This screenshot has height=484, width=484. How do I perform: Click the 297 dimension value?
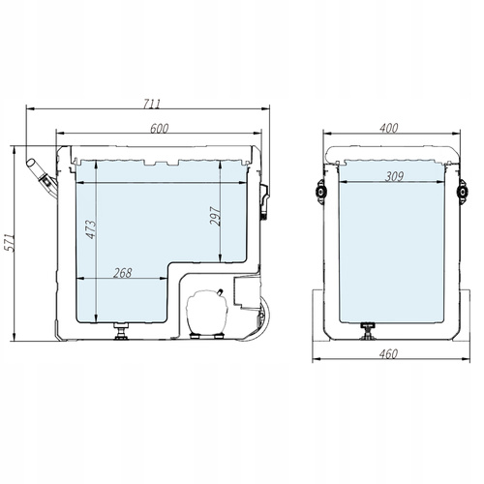[215, 215]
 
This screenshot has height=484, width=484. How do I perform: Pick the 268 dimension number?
[122, 273]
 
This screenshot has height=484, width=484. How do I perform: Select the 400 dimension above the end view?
[389, 129]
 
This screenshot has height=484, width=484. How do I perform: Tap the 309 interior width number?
[392, 175]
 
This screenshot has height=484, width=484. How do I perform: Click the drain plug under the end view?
[368, 332]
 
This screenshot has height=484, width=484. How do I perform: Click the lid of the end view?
[389, 152]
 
